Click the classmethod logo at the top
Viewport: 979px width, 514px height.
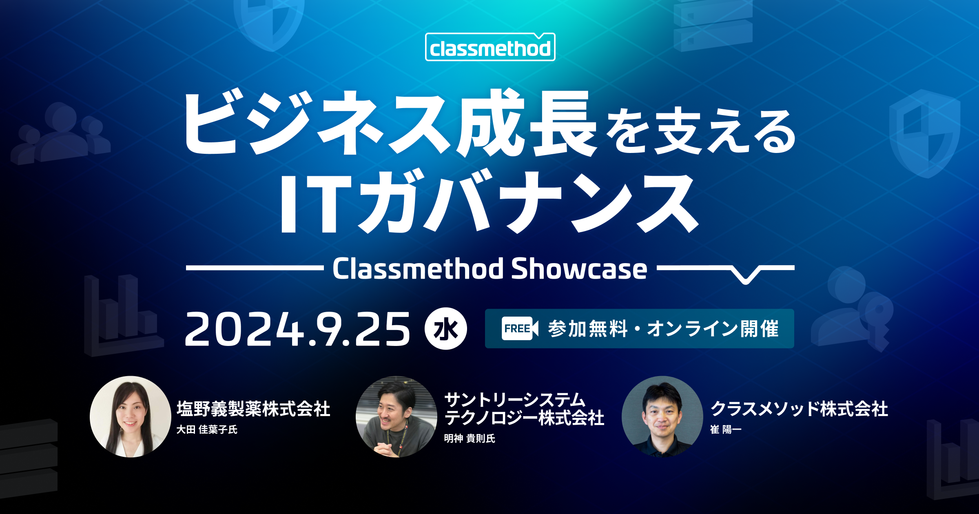pyautogui.click(x=490, y=47)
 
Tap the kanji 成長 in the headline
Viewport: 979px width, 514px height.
pyautogui.click(x=526, y=123)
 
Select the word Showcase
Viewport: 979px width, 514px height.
pyautogui.click(x=579, y=269)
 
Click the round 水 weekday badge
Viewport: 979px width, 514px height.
pyautogui.click(x=445, y=328)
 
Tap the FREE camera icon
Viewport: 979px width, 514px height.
pyautogui.click(x=519, y=328)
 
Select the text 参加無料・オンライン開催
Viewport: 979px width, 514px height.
pyautogui.click(x=663, y=329)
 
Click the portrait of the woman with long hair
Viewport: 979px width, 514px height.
pyautogui.click(x=131, y=417)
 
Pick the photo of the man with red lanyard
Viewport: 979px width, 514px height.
pyautogui.click(x=396, y=417)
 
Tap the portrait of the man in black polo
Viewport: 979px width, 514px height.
pyautogui.click(x=662, y=417)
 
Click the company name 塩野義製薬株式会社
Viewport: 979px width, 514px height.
pyautogui.click(x=253, y=409)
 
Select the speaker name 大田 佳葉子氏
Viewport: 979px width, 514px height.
pyautogui.click(x=207, y=430)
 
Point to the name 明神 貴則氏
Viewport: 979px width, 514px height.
pyautogui.click(x=470, y=439)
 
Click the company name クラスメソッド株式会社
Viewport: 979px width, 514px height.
pyautogui.click(x=799, y=409)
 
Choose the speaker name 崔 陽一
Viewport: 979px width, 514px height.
pyautogui.click(x=726, y=430)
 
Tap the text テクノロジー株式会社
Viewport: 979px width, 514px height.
pyautogui.click(x=524, y=418)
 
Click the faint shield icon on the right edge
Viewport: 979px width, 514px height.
pyautogui.click(x=925, y=134)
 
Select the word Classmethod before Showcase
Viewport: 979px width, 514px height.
pyautogui.click(x=418, y=269)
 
